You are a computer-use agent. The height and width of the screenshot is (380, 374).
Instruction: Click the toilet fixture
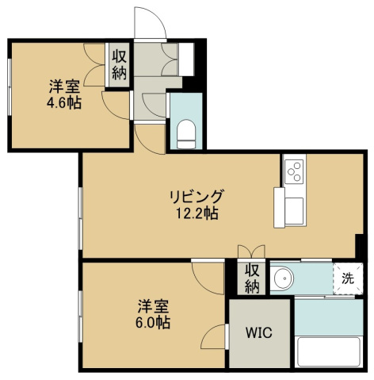[x=186, y=134]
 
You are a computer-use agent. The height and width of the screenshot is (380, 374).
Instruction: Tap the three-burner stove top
[x=295, y=171]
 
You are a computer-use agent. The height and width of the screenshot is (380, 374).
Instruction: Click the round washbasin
[x=284, y=278]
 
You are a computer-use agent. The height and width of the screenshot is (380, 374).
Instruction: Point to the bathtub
[x=329, y=351]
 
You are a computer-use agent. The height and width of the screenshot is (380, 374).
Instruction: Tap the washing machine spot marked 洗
[x=348, y=278]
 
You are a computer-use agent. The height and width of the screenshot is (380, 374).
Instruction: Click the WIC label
[x=259, y=332]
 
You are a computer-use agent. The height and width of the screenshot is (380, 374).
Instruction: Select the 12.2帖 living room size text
[x=197, y=213]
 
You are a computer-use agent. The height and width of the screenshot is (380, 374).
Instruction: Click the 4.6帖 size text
[x=64, y=102]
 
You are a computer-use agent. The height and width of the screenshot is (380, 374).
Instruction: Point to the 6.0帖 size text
[x=153, y=322]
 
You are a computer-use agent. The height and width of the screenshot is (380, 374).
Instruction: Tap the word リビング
[x=197, y=196]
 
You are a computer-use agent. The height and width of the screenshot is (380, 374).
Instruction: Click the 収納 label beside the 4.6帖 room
[x=120, y=65]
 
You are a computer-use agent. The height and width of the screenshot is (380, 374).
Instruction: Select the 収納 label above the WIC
[x=252, y=278]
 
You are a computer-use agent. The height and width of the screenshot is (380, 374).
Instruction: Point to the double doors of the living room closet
[x=251, y=251]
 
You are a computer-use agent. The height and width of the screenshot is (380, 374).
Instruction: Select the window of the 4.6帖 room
[x=10, y=86]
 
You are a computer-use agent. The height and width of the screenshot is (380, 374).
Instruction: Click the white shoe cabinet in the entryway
[x=186, y=59]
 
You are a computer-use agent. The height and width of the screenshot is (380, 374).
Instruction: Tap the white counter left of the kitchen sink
[x=279, y=207]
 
